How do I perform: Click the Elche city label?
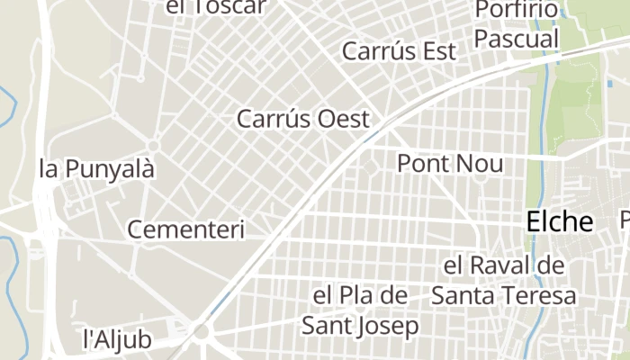pyautogui.click(x=559, y=221)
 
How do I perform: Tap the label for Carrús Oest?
pyautogui.click(x=303, y=119)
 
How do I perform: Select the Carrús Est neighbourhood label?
pyautogui.click(x=399, y=51)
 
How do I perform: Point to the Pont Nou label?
pyautogui.click(x=450, y=164)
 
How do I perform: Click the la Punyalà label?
pyautogui.click(x=97, y=168)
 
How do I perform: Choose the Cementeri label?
pyautogui.click(x=185, y=229)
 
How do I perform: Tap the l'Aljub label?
pyautogui.click(x=117, y=339)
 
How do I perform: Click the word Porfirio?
pyautogui.click(x=516, y=10)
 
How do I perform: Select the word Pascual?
pyautogui.click(x=517, y=40)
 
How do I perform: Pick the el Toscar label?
pyautogui.click(x=217, y=7)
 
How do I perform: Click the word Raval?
pyautogui.click(x=504, y=266)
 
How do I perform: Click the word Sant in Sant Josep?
pyautogui.click(x=327, y=326)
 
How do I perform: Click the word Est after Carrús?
pyautogui.click(x=439, y=51)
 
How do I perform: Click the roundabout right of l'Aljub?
pyautogui.click(x=201, y=333)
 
